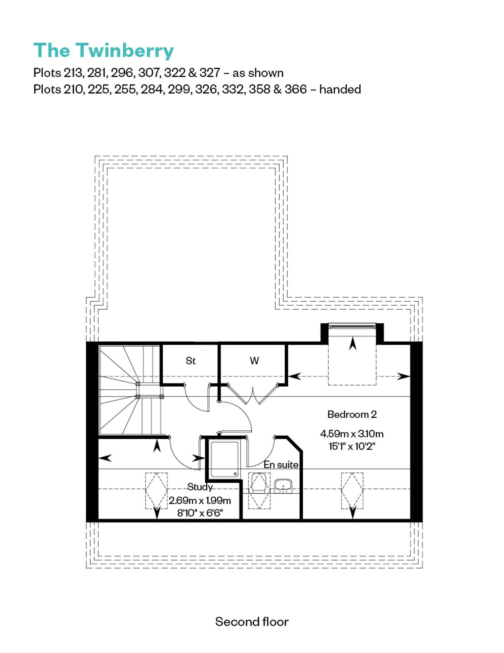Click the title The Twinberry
(103, 51)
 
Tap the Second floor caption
(252, 622)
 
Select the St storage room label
(191, 361)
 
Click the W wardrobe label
(254, 361)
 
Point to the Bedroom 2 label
(352, 414)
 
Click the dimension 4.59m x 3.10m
(352, 434)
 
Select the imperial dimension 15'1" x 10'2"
(352, 446)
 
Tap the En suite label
(281, 464)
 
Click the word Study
(200, 487)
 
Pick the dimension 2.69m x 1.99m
(200, 500)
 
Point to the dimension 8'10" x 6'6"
(200, 513)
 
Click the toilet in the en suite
(259, 483)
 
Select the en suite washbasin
(283, 486)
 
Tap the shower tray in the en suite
(224, 459)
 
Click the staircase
(130, 390)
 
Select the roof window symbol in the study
(156, 491)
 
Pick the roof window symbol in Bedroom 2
(352, 491)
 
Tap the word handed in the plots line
(340, 89)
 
